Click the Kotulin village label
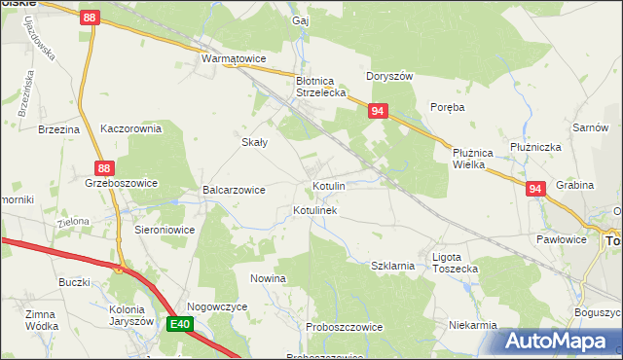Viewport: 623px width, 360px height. coord(328,185)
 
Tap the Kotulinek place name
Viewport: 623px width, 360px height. coord(314,210)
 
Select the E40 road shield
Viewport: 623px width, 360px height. coord(179,324)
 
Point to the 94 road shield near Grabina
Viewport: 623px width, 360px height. coord(534,189)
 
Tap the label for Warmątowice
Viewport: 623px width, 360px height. coord(234,59)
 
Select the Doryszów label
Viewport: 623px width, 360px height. coord(390,76)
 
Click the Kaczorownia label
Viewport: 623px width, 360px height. coord(130,127)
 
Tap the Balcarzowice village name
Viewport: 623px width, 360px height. coord(234,190)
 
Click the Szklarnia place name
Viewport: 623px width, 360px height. coord(394,265)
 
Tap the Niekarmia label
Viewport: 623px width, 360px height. coord(474,325)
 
